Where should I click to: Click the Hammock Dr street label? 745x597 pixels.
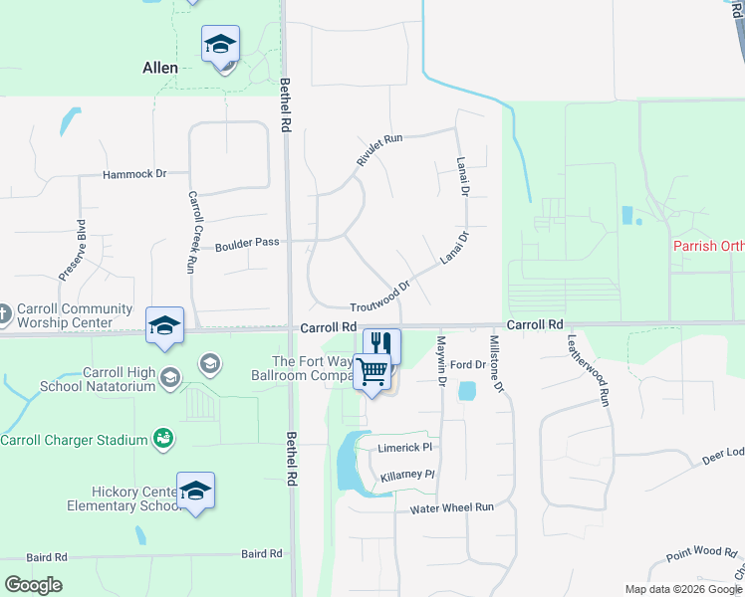[134, 174]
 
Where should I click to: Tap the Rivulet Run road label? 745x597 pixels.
[379, 149]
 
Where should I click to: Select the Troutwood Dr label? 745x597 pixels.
[380, 297]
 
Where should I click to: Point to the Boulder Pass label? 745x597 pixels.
[247, 242]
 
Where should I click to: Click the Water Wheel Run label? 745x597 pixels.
[452, 507]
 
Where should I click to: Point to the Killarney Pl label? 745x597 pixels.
[408, 477]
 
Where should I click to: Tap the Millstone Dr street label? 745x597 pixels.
[496, 363]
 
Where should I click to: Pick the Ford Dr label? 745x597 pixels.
[467, 365]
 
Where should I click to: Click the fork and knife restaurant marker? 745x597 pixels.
[381, 344]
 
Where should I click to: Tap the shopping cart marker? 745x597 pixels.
[372, 372]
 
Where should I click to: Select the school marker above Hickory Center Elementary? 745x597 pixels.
[196, 491]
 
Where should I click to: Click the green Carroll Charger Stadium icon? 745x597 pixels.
[161, 438]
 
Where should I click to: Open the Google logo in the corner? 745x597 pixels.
[33, 585]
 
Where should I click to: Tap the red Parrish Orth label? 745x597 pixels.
[708, 246]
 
